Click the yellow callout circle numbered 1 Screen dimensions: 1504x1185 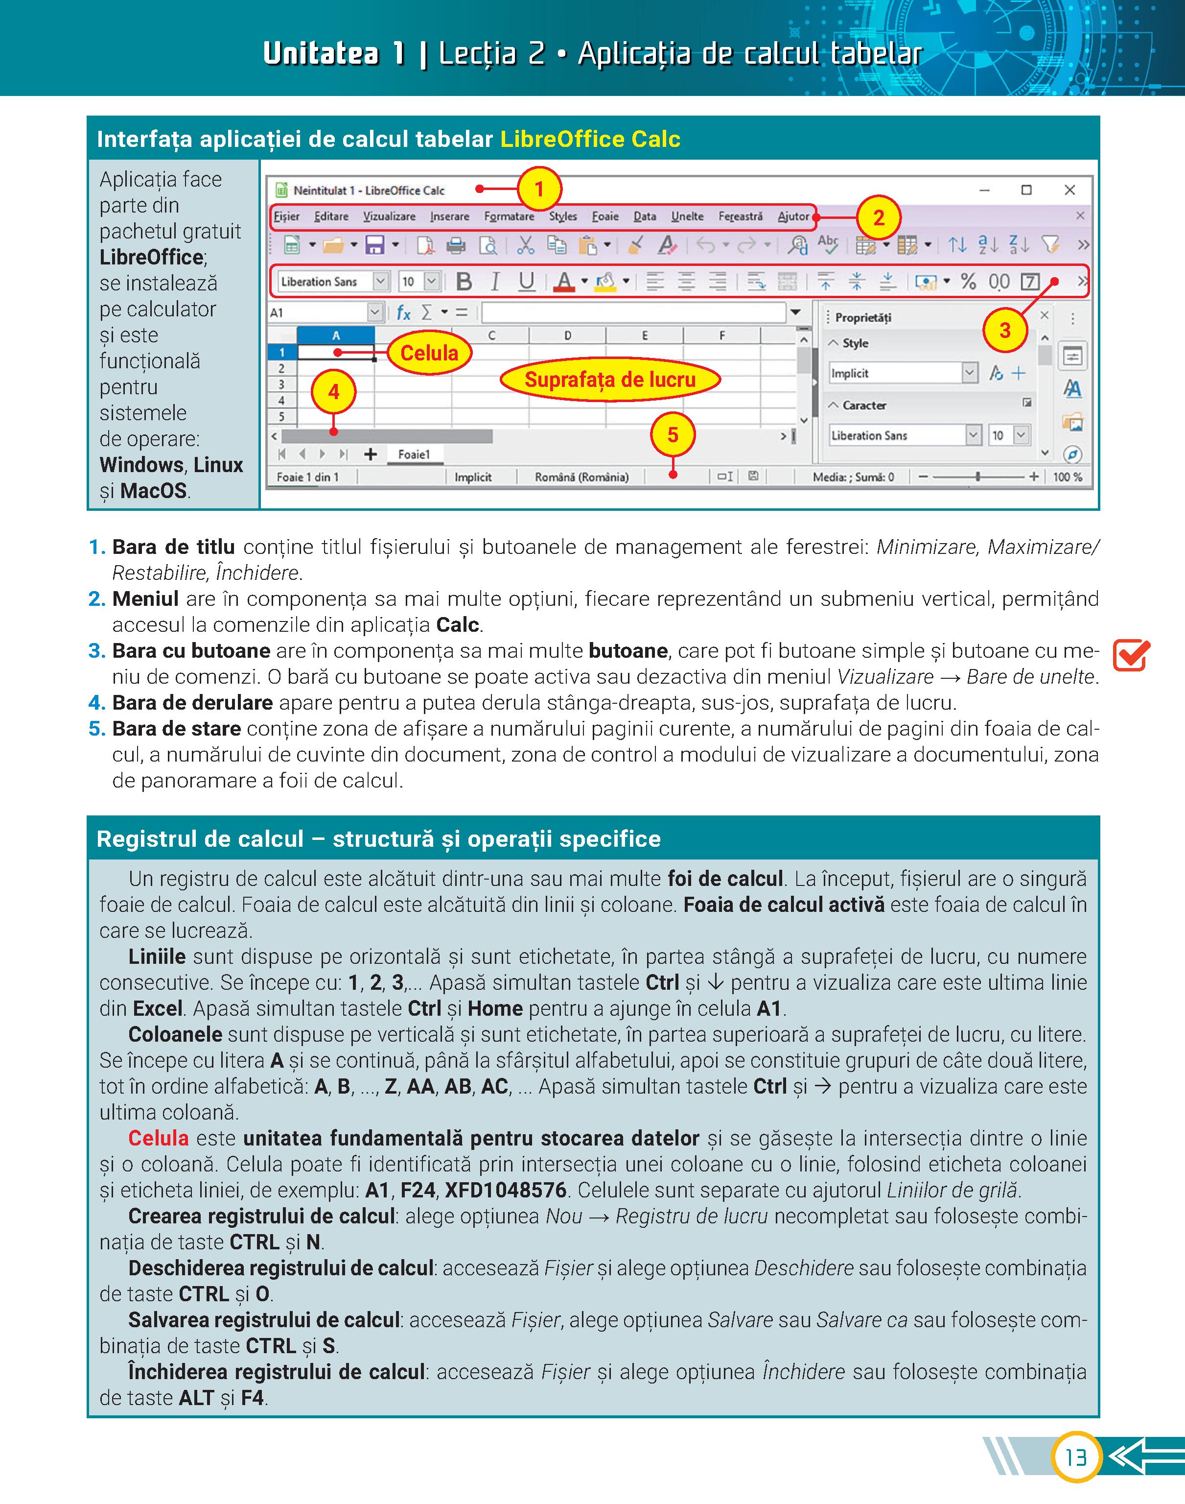(539, 189)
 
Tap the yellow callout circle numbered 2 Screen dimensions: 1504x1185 (878, 218)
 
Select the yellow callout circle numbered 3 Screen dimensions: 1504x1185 (1004, 331)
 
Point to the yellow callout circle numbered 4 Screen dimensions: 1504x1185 (334, 392)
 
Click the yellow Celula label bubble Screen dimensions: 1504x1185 (429, 353)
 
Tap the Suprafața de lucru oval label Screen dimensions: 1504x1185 (610, 380)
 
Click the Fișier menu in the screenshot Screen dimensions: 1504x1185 (286, 216)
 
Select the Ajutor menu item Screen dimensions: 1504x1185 (793, 216)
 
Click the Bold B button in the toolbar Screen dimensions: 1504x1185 (464, 282)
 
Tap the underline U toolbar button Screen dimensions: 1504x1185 (527, 282)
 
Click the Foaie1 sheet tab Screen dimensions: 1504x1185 (414, 454)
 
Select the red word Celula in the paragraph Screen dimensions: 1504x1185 (158, 1138)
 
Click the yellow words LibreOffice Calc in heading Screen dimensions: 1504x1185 (590, 140)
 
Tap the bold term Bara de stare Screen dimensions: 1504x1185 (176, 729)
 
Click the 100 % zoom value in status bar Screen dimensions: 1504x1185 (1067, 477)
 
